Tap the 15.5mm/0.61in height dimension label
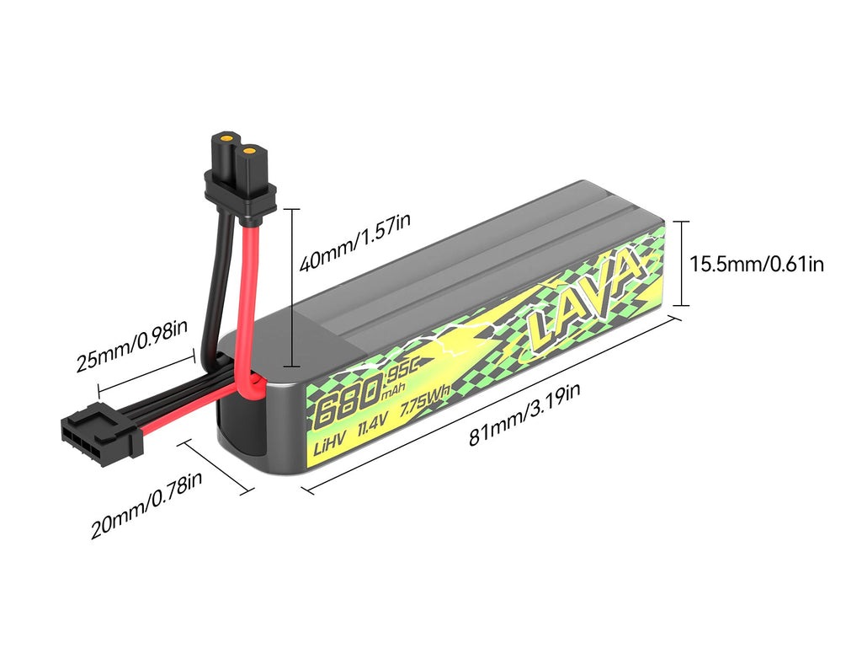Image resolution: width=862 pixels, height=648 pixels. point(757,264)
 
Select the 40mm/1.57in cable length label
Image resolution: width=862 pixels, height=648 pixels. point(354,242)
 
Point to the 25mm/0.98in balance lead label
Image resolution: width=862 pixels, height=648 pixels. point(131,345)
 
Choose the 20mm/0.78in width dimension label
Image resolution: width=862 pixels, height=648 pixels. point(146,505)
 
